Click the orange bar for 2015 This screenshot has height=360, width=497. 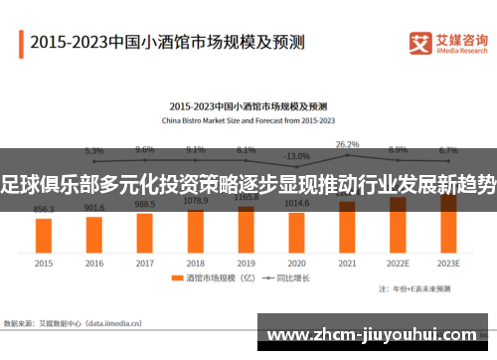coord(44,235)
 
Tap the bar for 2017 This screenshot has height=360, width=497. coord(145,232)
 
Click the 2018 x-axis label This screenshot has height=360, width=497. coord(196,264)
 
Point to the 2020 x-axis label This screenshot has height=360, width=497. coord(296,264)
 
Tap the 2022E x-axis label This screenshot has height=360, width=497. coord(398,264)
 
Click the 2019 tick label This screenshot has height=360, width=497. coord(246,264)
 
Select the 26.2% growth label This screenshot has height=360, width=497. coord(347,144)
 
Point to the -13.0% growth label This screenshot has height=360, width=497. coord(296,156)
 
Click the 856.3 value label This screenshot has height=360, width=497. coord(44,209)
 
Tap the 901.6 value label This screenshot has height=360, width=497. coord(94,207)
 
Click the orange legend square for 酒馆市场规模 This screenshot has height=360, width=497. coord(175,280)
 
